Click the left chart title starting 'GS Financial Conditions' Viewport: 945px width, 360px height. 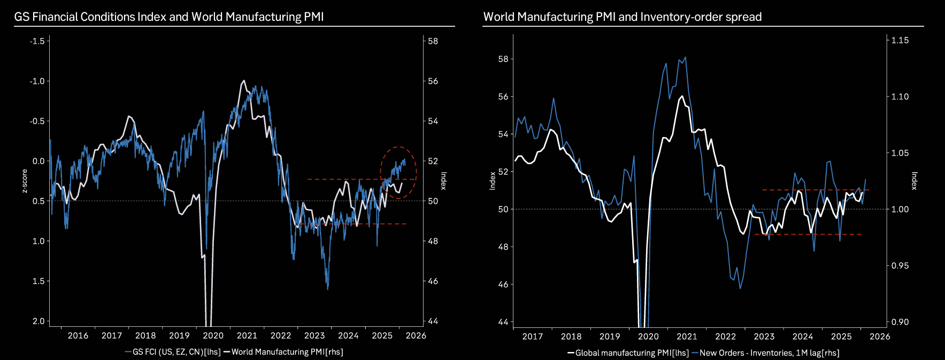pos(168,17)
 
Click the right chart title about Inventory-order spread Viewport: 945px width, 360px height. pos(622,17)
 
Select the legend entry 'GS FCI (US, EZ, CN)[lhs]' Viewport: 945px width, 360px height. pos(173,352)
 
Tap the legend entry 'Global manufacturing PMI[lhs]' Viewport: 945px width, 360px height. pos(628,353)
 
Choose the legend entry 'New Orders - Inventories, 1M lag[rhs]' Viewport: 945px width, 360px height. pos(765,353)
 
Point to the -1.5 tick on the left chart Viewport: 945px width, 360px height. pos(37,41)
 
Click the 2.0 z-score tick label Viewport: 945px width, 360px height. pos(39,321)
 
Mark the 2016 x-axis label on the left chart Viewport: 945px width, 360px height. pos(78,335)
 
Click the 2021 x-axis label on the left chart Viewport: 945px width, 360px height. pos(247,335)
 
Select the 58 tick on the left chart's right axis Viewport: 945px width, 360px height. pos(433,41)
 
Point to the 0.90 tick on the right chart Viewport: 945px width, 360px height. pos(900,322)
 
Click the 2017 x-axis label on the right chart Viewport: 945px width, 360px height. pos(533,336)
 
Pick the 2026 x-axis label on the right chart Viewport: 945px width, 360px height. pos(880,336)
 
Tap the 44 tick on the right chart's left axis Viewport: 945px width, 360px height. pos(503,322)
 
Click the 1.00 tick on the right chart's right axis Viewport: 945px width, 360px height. pos(900,209)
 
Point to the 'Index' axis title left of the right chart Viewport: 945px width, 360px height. pos(493,181)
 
